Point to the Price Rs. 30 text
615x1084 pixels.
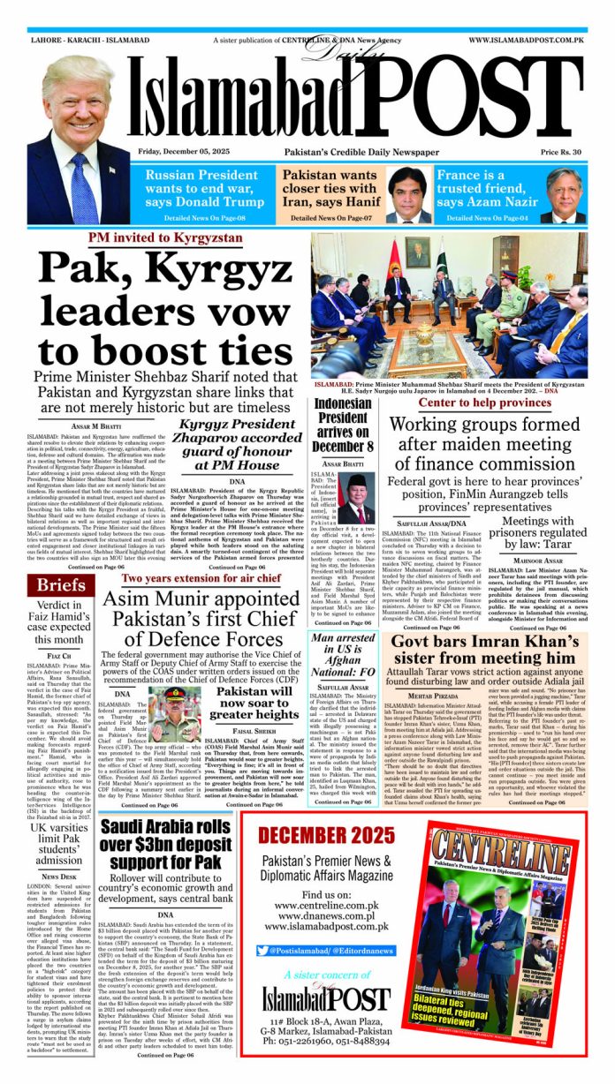[x=562, y=152]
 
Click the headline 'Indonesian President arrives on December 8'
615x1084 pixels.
[x=343, y=424]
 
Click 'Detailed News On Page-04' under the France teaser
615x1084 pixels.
[x=487, y=217]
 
